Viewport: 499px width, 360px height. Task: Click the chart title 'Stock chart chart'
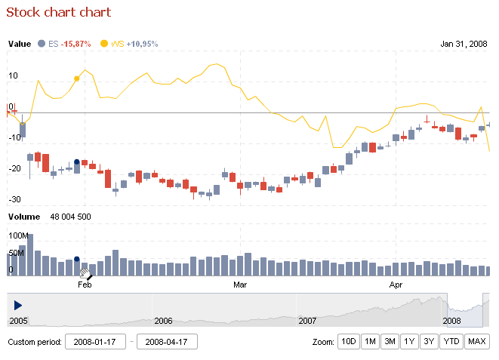tap(59, 12)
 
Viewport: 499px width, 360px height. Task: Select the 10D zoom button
tap(348, 342)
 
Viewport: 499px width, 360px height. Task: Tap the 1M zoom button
tap(370, 342)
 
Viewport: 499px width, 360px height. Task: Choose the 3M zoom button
tap(390, 342)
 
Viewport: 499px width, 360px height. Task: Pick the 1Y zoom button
tap(409, 342)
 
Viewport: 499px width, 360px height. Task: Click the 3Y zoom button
tap(429, 342)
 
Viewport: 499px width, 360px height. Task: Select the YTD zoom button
tap(451, 342)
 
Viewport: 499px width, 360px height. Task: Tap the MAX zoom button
tap(477, 342)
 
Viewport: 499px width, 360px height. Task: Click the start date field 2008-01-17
tap(95, 342)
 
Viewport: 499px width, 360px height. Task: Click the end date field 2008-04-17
tap(167, 342)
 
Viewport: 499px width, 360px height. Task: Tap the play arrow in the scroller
tap(18, 304)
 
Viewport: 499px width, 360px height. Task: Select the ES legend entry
tap(63, 44)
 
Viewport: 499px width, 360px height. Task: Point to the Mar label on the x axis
tap(240, 285)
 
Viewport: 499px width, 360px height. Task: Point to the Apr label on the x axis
tap(395, 285)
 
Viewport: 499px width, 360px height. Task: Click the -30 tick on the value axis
tap(13, 199)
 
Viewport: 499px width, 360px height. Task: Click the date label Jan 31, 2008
tap(464, 44)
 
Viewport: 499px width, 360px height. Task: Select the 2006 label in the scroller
tap(163, 321)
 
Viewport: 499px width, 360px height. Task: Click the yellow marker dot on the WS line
tap(77, 78)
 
